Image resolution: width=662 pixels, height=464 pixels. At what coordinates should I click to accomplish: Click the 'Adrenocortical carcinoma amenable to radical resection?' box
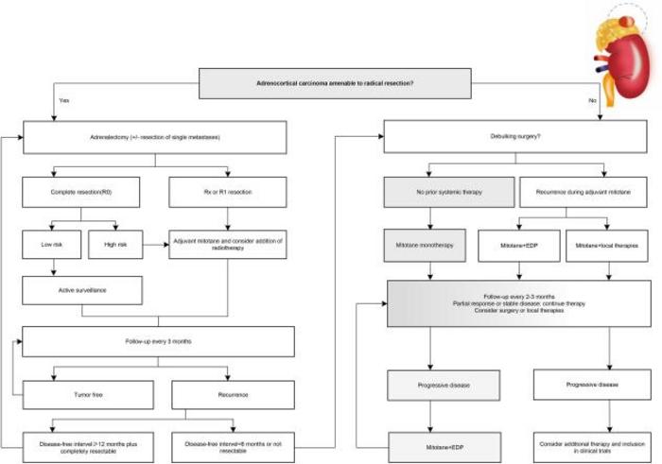point(335,82)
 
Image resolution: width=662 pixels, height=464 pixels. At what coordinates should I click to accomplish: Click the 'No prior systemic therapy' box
point(449,193)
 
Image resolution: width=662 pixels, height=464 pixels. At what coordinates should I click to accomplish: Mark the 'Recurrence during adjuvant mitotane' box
point(586,193)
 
